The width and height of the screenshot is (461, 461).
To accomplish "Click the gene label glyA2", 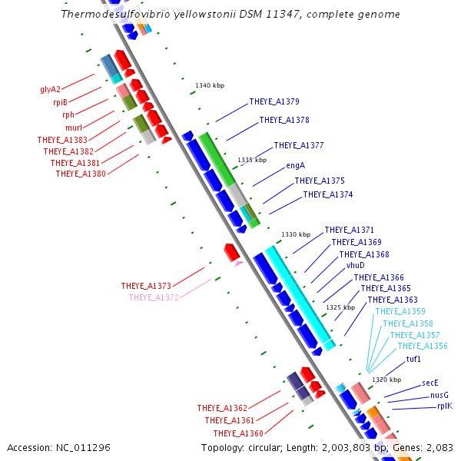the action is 50,89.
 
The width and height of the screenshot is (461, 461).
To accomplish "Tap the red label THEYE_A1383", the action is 62,140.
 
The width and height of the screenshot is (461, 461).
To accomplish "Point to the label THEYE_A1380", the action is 81,174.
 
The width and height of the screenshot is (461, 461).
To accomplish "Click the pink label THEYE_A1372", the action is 154,297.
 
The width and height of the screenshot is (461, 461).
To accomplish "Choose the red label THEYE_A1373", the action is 146,286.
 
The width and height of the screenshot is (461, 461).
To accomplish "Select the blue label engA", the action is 296,165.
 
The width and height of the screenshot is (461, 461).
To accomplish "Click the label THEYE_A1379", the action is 274,101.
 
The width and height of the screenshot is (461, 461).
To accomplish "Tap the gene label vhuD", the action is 355,265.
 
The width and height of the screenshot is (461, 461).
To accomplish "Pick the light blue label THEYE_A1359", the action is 400,312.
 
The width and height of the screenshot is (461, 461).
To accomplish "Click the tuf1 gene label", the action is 413,359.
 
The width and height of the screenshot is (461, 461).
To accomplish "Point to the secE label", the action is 430,382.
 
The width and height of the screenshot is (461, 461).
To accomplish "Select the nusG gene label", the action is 439,395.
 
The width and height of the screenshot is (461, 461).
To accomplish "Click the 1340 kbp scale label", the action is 210,85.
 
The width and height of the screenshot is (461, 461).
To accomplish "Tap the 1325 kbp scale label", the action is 340,307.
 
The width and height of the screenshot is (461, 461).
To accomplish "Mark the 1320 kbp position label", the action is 386,380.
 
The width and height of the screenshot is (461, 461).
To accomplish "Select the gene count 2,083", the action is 439,447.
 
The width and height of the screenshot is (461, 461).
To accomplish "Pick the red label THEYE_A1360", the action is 238,433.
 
